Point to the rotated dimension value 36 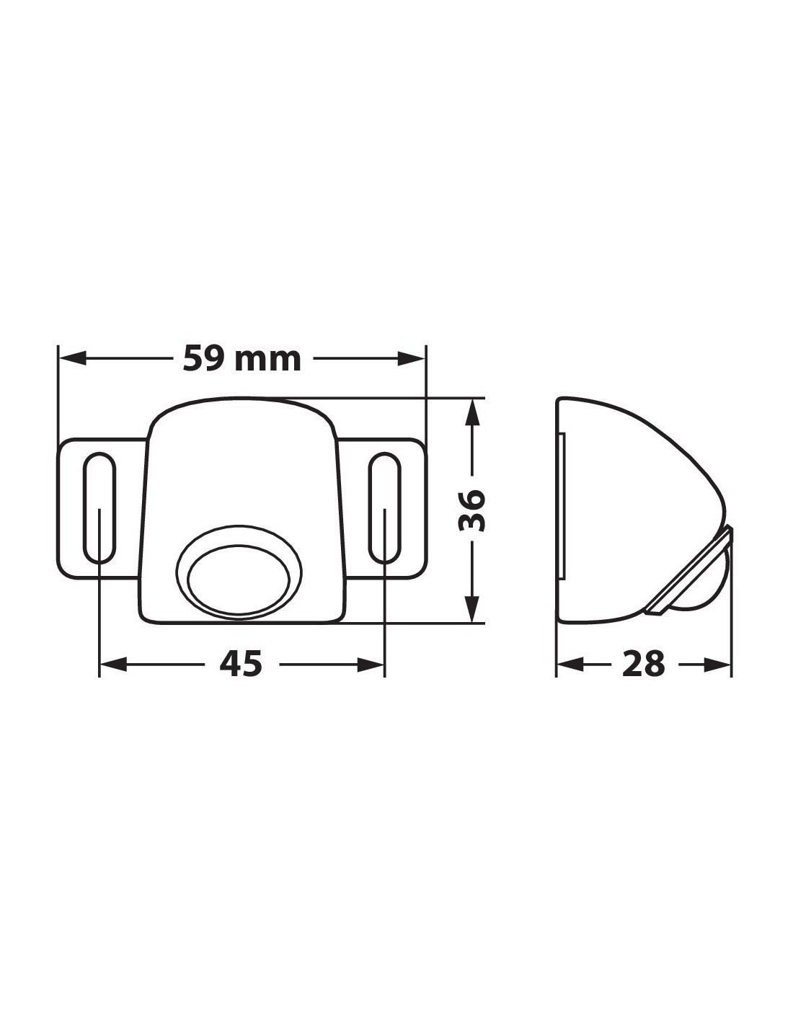tap(471, 510)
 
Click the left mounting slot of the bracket tap(99, 508)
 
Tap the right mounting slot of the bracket tap(384, 508)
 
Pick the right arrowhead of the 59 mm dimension tap(412, 358)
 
